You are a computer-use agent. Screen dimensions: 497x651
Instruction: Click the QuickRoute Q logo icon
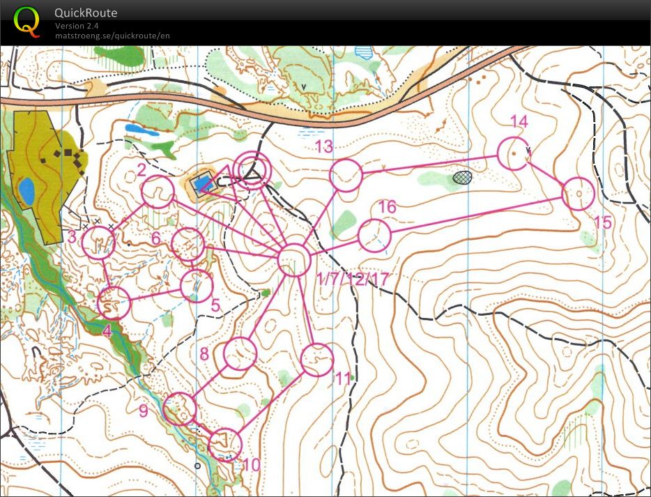[26, 21]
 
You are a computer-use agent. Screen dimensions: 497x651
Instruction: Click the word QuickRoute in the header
[86, 13]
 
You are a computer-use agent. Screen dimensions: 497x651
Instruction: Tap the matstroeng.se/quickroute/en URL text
[112, 36]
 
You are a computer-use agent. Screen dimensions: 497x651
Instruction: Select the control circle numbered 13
[345, 176]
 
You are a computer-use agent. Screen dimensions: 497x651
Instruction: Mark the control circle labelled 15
[577, 194]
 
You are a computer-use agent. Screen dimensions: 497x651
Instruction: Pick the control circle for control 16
[374, 235]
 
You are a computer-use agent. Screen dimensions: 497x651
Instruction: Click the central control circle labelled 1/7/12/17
[293, 260]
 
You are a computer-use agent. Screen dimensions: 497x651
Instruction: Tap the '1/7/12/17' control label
[353, 279]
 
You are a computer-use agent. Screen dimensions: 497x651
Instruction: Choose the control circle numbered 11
[316, 360]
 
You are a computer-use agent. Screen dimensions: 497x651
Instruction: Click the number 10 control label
[251, 465]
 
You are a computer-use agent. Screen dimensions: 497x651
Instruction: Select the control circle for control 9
[180, 408]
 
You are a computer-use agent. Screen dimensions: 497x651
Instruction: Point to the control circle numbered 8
[240, 353]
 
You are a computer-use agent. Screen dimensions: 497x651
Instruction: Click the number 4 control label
[107, 331]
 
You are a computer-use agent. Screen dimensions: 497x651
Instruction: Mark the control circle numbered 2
[158, 192]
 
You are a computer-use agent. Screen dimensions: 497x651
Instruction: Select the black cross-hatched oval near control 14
[462, 177]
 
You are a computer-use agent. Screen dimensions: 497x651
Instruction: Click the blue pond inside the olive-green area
[27, 191]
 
